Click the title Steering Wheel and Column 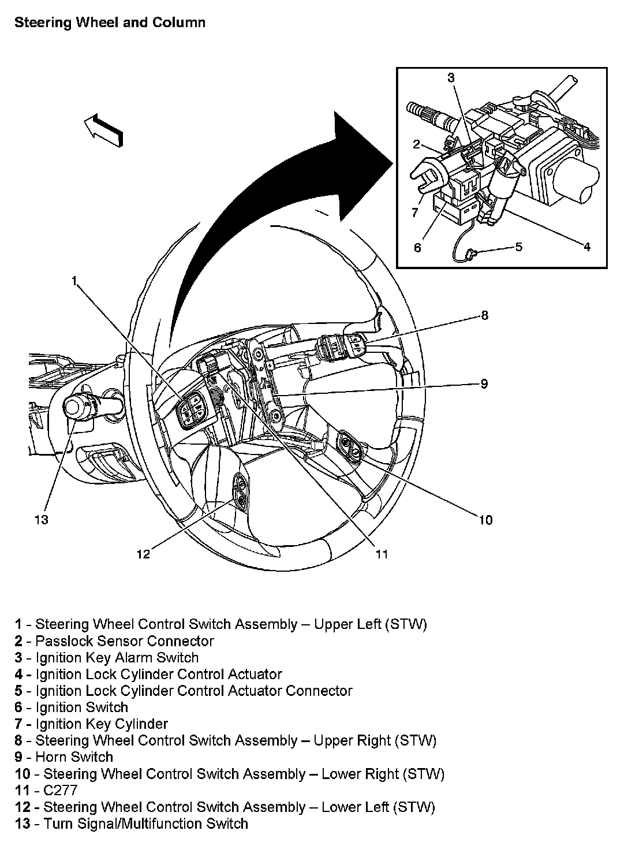110,23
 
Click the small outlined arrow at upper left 104,129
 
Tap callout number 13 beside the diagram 40,520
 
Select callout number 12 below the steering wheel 143,554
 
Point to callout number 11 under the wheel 382,554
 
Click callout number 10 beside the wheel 485,520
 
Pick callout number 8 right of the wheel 484,315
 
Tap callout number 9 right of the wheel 484,383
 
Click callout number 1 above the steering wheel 74,281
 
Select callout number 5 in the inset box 518,247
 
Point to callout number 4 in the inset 586,247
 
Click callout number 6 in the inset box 417,248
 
